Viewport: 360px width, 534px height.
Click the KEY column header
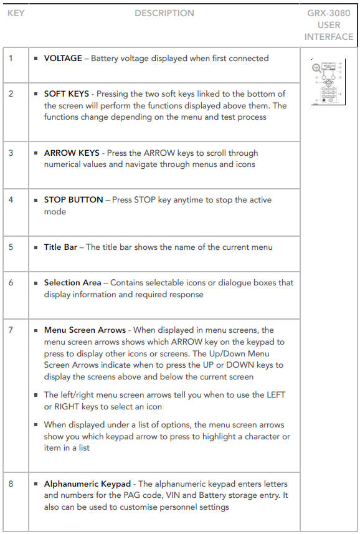[x=16, y=13]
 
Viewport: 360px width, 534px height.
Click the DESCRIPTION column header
[x=164, y=13]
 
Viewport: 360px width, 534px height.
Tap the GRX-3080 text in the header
[x=329, y=13]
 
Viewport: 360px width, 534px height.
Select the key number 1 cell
[x=16, y=65]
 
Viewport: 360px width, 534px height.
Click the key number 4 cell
[x=16, y=212]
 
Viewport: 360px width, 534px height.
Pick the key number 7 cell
[x=16, y=396]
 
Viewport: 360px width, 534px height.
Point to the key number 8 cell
[x=16, y=502]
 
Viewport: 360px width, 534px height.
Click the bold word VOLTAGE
[x=63, y=58]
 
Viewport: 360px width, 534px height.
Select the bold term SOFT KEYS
[x=67, y=93]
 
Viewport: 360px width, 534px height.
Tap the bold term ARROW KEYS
[x=72, y=153]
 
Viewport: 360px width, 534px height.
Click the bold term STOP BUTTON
[x=73, y=199]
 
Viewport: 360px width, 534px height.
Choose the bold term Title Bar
[x=60, y=247]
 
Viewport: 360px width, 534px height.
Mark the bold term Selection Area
[x=72, y=283]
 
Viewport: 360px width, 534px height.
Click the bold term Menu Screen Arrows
[x=85, y=330]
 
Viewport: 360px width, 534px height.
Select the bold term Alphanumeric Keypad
[x=87, y=484]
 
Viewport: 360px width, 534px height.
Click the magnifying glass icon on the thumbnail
[x=316, y=69]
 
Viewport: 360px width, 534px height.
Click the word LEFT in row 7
[x=276, y=394]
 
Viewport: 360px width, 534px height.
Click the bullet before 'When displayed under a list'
[x=36, y=425]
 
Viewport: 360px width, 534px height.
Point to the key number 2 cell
[x=16, y=112]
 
